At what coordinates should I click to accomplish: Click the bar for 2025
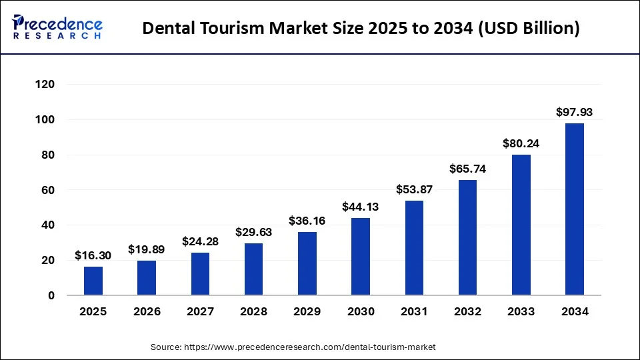pyautogui.click(x=93, y=281)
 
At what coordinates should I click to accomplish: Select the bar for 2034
pyautogui.click(x=574, y=209)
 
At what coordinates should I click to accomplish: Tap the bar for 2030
pyautogui.click(x=361, y=257)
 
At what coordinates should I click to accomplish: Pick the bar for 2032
pyautogui.click(x=467, y=237)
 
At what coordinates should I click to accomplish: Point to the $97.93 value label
pyautogui.click(x=574, y=113)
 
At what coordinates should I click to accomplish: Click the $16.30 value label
pyautogui.click(x=93, y=255)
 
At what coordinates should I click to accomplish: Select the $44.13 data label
pyautogui.click(x=361, y=207)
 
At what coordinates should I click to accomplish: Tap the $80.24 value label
pyautogui.click(x=521, y=143)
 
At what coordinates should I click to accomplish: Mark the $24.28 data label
pyautogui.click(x=200, y=241)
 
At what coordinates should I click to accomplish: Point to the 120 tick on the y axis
pyautogui.click(x=46, y=85)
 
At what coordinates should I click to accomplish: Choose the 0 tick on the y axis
pyautogui.click(x=51, y=295)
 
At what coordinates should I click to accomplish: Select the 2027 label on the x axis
pyautogui.click(x=200, y=311)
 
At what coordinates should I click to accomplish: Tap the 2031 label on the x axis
pyautogui.click(x=414, y=311)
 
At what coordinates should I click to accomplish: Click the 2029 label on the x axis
pyautogui.click(x=307, y=311)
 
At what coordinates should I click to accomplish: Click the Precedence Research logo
pyautogui.click(x=57, y=28)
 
